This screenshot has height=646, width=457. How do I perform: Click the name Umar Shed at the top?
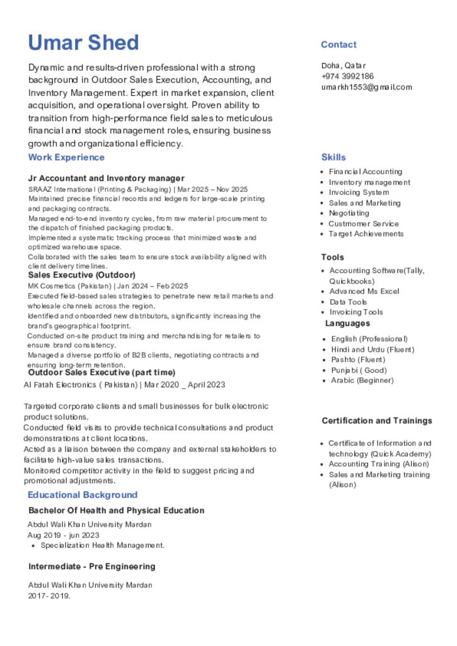83,43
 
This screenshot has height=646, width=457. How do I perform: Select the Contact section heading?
338,45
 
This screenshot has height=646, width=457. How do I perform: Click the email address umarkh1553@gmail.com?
366,87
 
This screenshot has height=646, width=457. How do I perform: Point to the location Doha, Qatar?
344,66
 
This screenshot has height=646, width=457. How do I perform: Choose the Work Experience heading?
66,157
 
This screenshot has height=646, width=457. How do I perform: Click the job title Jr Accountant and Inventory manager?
107,179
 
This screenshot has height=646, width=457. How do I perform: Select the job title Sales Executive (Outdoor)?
82,275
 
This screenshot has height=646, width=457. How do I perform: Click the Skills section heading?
333,157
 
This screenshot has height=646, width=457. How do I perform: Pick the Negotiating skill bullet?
349,213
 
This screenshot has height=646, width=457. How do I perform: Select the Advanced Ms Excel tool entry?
364,291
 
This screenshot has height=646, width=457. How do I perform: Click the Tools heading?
333,257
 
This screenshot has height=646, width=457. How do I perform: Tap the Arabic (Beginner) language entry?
362,380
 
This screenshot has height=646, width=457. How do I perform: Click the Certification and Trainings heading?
377,421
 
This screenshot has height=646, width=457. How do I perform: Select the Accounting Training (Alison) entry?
379,464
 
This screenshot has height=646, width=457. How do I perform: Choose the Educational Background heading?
83,495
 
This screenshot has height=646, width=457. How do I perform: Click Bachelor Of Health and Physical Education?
117,510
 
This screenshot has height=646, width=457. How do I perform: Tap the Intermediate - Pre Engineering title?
92,567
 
